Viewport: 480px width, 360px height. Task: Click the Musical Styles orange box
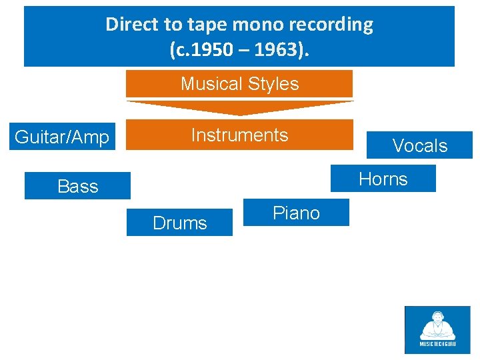click(239, 84)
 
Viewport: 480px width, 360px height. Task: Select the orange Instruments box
click(239, 135)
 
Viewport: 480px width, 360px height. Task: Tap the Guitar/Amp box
click(62, 137)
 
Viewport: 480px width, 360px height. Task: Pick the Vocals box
click(419, 145)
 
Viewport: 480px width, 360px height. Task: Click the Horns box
click(383, 179)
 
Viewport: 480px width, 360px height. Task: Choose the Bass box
click(77, 186)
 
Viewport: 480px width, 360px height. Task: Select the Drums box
click(179, 223)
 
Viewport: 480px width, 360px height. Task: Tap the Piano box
click(296, 213)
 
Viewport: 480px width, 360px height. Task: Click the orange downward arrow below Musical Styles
click(239, 107)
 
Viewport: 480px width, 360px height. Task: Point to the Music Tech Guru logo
click(437, 329)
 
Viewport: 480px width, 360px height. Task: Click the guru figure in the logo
click(437, 325)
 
